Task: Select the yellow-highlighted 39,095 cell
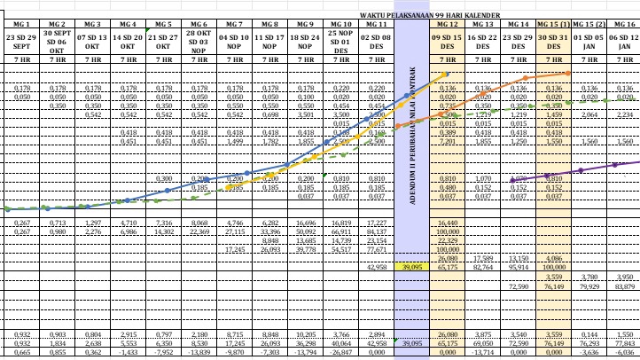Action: click(412, 266)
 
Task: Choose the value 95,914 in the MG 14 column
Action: click(518, 266)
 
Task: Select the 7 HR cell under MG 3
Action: click(91, 59)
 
